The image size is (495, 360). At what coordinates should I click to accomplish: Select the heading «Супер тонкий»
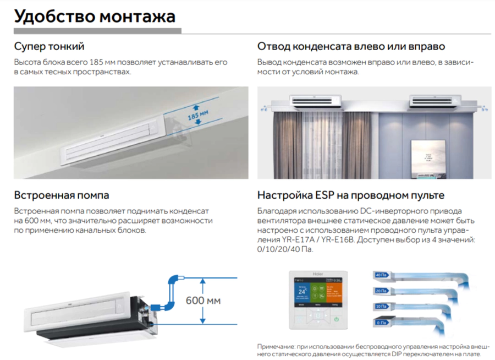(49, 46)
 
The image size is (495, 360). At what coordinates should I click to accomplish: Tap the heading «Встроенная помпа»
(62, 195)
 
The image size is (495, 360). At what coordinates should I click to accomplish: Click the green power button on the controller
(336, 318)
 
